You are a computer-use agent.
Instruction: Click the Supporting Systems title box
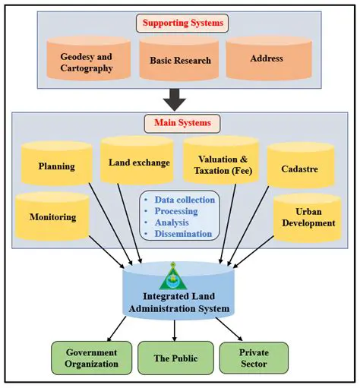[x=179, y=24]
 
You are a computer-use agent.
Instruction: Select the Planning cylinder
[x=56, y=166]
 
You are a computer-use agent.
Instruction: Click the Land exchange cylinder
[x=137, y=162]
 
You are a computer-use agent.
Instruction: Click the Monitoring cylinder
[x=53, y=216]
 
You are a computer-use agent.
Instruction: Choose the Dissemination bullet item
[x=183, y=234]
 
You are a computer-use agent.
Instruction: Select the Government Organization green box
[x=91, y=358]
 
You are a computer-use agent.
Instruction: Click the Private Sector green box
[x=254, y=358]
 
